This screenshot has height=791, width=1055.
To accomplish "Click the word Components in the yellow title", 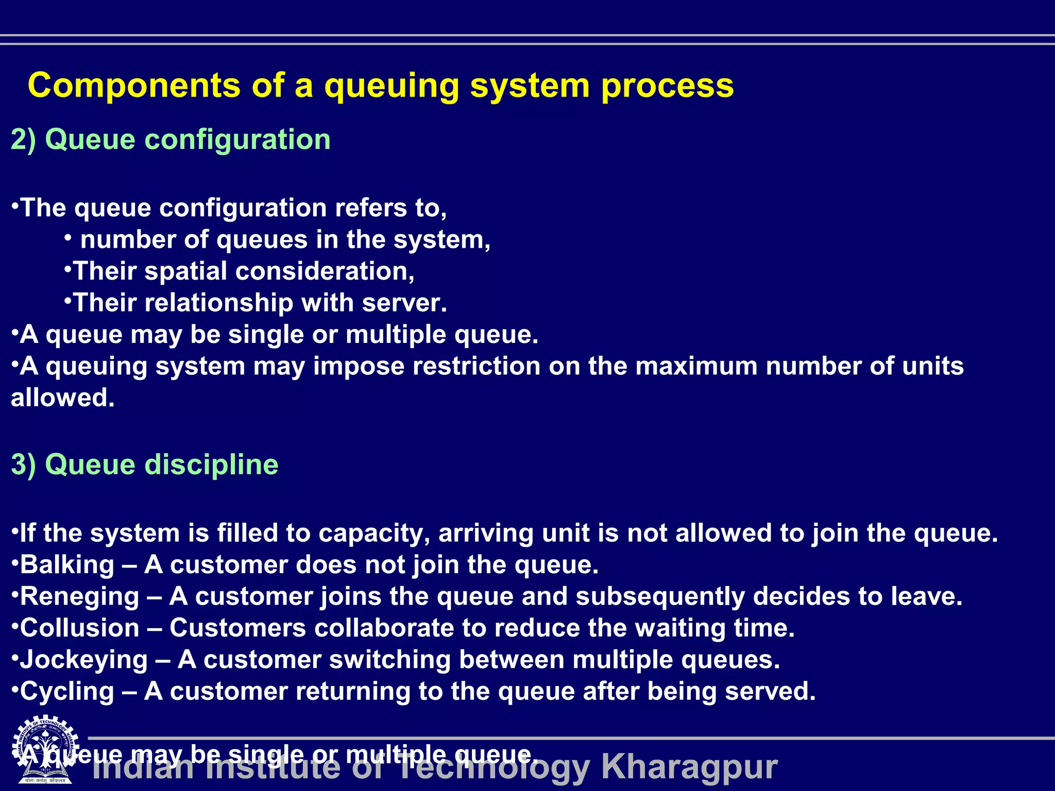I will coord(134,85).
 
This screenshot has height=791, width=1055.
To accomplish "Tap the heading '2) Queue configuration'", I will coord(171,140).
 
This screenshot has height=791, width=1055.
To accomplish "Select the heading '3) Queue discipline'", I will coord(145,465).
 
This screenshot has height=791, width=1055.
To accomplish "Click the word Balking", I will coord(67,565).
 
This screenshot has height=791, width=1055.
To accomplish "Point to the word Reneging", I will coord(79,596).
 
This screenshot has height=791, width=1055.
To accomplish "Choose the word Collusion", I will coord(79,628).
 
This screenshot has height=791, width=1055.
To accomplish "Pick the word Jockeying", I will coord(83,660).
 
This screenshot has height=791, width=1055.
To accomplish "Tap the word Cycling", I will coord(67,692).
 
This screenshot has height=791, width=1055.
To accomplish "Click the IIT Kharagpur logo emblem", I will coord(45,749).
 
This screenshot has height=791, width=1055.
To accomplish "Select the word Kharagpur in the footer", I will coord(689,767).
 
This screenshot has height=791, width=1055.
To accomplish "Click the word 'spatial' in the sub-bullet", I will coord(185,271).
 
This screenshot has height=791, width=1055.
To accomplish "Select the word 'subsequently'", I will coord(660,596).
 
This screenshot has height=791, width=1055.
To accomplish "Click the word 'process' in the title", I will coord(667,86).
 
